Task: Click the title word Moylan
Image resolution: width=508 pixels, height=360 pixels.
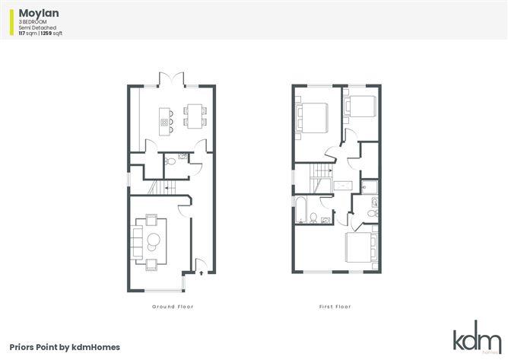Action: pyautogui.click(x=39, y=13)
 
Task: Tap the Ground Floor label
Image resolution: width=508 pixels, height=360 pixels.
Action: pyautogui.click(x=173, y=307)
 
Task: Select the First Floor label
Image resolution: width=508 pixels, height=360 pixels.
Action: pyautogui.click(x=335, y=307)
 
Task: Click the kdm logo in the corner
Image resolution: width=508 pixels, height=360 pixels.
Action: pyautogui.click(x=478, y=336)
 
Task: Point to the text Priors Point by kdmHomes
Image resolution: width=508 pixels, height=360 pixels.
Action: pyautogui.click(x=65, y=347)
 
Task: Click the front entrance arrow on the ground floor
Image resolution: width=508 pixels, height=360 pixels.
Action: pyautogui.click(x=202, y=273)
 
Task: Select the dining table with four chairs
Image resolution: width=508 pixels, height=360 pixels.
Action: pyautogui.click(x=195, y=116)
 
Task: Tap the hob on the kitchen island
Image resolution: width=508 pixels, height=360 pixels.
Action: pyautogui.click(x=164, y=122)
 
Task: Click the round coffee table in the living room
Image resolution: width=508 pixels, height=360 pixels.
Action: pyautogui.click(x=154, y=241)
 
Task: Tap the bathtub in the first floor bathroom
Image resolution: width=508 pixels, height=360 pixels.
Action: pyautogui.click(x=301, y=209)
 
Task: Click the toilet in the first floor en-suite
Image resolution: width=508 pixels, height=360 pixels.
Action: pyautogui.click(x=373, y=213)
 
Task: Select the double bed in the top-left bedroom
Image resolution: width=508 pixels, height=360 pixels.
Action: pyautogui.click(x=312, y=118)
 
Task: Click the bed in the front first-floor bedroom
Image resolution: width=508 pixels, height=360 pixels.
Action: pyautogui.click(x=361, y=247)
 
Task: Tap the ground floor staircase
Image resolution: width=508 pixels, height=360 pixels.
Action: pyautogui.click(x=162, y=187)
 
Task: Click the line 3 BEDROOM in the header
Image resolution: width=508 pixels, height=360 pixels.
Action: pyautogui.click(x=33, y=22)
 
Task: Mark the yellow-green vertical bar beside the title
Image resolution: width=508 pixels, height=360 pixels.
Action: pyautogui.click(x=12, y=22)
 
